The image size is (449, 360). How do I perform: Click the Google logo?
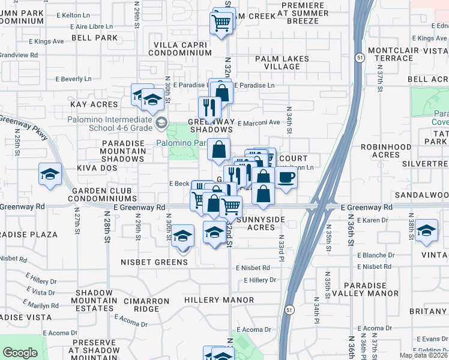tap(20, 353)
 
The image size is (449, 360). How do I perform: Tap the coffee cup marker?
tap(286, 178)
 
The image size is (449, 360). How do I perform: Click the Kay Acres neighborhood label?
tap(94, 104)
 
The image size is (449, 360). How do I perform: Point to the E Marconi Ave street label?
tap(259, 123)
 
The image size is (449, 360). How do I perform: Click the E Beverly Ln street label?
tap(73, 79)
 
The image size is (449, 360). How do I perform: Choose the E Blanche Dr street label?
tap(375, 255)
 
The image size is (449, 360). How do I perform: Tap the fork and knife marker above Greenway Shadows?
tap(209, 106)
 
